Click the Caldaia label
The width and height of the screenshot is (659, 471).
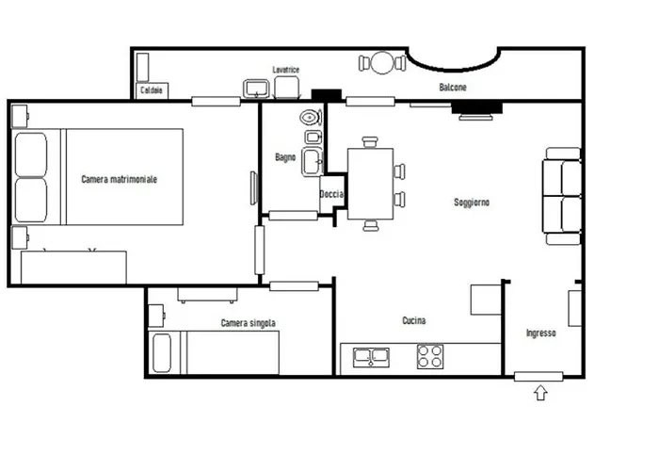click(x=152, y=90)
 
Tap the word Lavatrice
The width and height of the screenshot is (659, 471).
click(x=286, y=70)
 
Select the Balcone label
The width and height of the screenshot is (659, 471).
click(x=453, y=87)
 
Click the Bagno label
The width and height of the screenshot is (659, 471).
click(x=285, y=157)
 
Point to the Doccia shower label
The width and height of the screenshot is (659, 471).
click(x=331, y=194)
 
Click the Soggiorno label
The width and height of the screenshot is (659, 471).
click(x=472, y=203)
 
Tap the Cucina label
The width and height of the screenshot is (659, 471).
click(x=414, y=320)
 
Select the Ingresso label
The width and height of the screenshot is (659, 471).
click(x=541, y=333)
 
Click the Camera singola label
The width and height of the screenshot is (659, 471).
click(x=248, y=323)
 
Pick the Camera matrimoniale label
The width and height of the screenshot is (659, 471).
click(x=119, y=179)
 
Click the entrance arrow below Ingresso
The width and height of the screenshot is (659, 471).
click(x=541, y=393)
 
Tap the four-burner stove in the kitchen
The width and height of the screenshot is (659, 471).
click(x=430, y=357)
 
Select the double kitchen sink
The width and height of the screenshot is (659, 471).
click(x=371, y=357)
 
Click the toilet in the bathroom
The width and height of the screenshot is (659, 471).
click(x=311, y=118)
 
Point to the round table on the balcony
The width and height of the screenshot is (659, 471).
click(x=383, y=63)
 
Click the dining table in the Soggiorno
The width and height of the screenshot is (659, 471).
click(x=370, y=184)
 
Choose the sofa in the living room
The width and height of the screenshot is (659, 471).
click(x=562, y=196)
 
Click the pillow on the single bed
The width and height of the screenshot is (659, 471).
click(x=162, y=353)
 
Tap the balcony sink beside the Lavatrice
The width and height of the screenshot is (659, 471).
click(x=256, y=89)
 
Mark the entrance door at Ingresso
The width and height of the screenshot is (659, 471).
click(x=538, y=377)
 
